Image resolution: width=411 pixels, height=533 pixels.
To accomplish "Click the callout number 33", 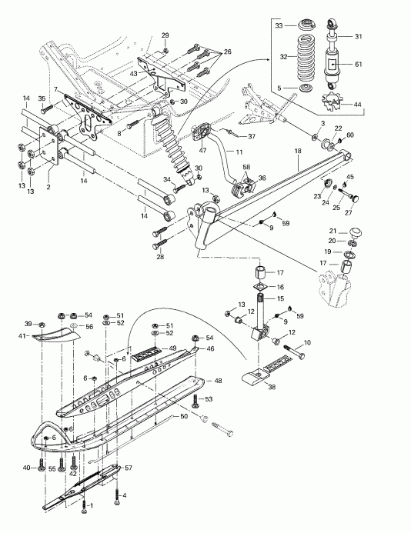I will click(279, 25).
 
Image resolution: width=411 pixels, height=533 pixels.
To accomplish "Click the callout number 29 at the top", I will click(165, 35).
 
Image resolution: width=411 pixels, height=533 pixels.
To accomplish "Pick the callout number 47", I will click(202, 139).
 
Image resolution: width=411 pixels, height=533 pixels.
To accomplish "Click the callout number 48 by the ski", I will click(218, 381).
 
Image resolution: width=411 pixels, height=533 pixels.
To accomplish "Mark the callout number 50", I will click(184, 416).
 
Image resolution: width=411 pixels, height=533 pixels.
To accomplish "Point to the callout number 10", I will click(307, 342).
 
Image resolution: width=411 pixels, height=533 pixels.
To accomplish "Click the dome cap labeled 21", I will click(356, 232).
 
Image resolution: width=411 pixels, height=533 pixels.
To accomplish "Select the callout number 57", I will click(129, 468).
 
